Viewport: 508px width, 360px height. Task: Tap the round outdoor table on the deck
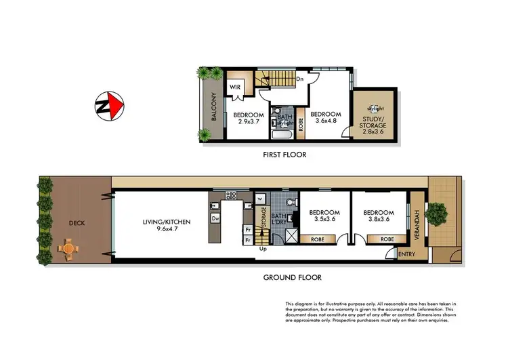pyautogui.click(x=68, y=249)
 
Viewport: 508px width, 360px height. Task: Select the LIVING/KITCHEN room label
pyautogui.click(x=166, y=222)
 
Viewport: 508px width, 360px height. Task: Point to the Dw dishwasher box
pyautogui.click(x=215, y=219)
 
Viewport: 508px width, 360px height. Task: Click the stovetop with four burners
pyautogui.click(x=232, y=196)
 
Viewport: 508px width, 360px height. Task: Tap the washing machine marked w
pyautogui.click(x=260, y=198)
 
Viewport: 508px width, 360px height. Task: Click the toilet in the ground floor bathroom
pyautogui.click(x=290, y=201)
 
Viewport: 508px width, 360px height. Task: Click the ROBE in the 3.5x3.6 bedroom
pyautogui.click(x=317, y=239)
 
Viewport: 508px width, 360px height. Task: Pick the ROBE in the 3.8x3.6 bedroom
pyautogui.click(x=387, y=239)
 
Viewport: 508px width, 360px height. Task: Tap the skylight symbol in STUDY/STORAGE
pyautogui.click(x=372, y=108)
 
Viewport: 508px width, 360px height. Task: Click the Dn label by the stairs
pyautogui.click(x=299, y=79)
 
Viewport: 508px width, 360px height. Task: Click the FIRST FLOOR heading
pyautogui.click(x=284, y=155)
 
